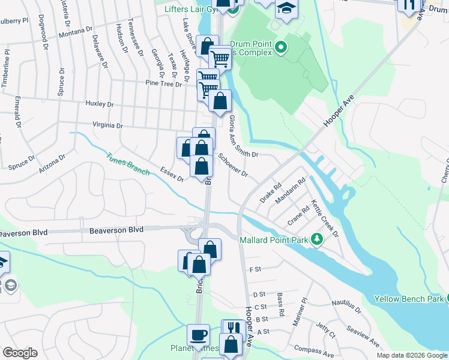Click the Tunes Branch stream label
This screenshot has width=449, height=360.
coord(128,164)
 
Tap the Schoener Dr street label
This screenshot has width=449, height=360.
coord(233,164)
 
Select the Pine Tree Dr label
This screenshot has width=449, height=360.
coord(163,85)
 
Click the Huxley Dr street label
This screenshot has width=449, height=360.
coord(99,104)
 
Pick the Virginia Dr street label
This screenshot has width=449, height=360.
coord(107,126)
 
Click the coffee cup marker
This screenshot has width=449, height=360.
coord(198,335)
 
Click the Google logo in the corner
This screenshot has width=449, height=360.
coord(20,353)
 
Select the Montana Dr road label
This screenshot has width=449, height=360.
coord(75,32)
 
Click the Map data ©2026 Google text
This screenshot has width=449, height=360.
coord(411,355)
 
